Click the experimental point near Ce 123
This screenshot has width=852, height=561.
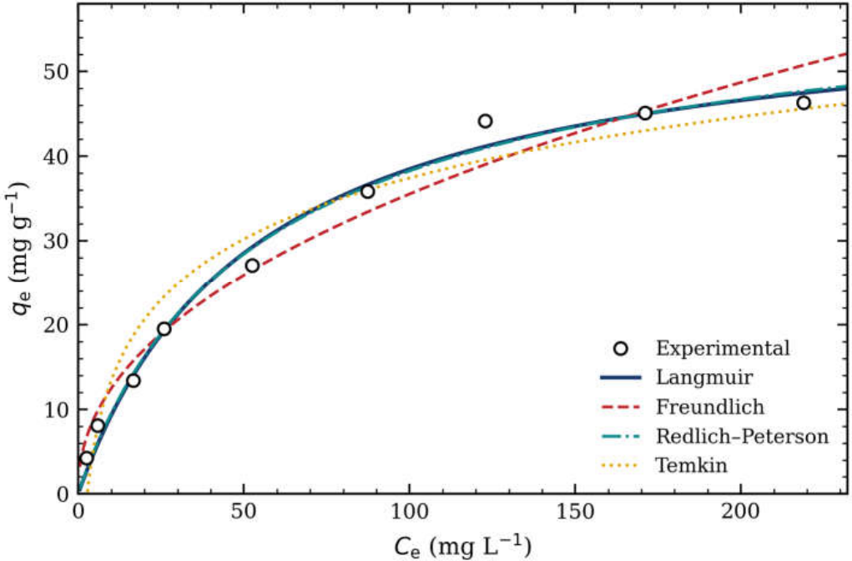(485, 121)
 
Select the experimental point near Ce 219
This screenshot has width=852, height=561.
(803, 103)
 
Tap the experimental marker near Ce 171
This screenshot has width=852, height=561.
(645, 113)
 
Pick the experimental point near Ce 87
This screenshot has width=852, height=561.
(367, 191)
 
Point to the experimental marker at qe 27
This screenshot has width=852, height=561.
(252, 265)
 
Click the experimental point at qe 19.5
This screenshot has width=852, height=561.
(164, 329)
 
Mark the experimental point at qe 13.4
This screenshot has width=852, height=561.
(134, 381)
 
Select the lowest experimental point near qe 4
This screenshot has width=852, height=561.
(87, 458)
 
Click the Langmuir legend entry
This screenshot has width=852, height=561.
(704, 377)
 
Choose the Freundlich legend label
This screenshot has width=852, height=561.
(710, 407)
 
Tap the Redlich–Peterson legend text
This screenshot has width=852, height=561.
(742, 436)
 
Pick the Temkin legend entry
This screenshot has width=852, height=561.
(691, 465)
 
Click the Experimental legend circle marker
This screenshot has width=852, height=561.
(621, 348)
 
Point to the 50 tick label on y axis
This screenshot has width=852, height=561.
(57, 72)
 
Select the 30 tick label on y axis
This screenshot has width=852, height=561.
(57, 240)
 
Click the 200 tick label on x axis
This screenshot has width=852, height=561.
(741, 512)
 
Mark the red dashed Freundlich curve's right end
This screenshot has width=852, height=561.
(846, 53)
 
